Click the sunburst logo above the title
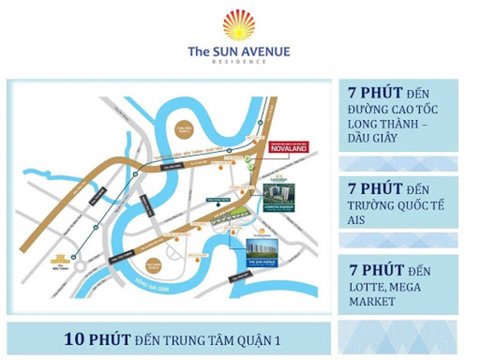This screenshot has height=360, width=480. [239, 25]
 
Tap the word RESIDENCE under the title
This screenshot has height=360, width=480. [239, 62]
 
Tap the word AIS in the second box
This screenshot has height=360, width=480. [358, 221]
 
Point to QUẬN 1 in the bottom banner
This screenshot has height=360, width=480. [260, 340]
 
